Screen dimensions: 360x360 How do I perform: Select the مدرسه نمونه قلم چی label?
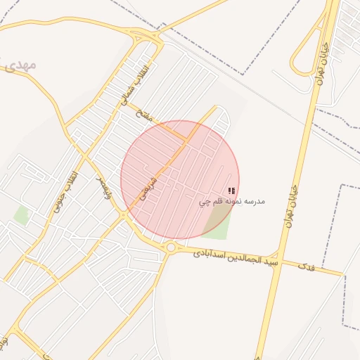(231, 202)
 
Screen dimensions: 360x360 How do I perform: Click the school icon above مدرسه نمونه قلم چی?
(232, 191)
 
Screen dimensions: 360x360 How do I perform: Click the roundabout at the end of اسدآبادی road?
(171, 247)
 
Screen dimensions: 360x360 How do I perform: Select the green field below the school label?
(218, 223)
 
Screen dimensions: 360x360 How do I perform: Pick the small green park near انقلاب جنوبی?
(22, 215)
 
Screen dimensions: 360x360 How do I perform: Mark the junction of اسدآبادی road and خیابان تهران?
(278, 256)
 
